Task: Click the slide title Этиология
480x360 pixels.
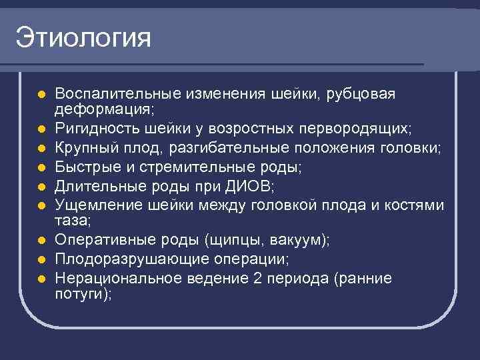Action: click(84, 37)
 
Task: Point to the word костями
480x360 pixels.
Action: click(414, 205)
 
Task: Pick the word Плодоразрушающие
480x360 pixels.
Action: click(121, 258)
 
